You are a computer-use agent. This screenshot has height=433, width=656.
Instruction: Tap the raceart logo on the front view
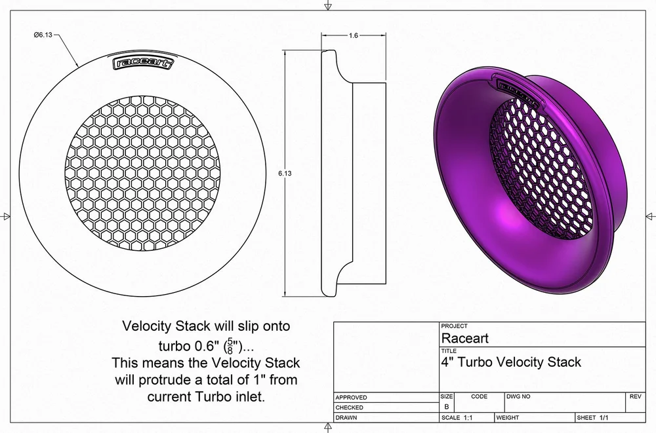(x=144, y=63)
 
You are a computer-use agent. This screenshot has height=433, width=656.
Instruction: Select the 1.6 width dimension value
(x=353, y=36)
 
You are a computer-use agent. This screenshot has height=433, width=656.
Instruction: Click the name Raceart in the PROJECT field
(x=464, y=339)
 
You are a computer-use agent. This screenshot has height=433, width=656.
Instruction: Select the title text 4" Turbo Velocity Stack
(x=512, y=362)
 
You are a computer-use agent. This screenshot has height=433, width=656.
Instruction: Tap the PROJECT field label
(x=455, y=326)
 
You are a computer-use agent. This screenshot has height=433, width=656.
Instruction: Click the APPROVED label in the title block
(x=351, y=398)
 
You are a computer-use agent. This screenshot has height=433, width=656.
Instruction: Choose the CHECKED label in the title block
(x=350, y=407)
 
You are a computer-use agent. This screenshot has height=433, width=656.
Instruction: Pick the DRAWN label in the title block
(x=346, y=417)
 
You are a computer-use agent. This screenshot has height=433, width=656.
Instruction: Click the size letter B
(x=447, y=407)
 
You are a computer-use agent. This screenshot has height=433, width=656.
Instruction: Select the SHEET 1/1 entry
(x=593, y=417)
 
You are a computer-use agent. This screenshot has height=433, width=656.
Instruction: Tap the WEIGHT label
(x=509, y=417)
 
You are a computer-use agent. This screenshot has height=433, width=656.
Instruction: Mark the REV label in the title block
(x=635, y=396)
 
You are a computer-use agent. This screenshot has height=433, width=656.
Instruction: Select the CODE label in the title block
(x=480, y=396)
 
